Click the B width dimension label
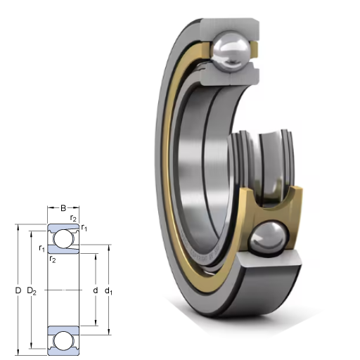click(x=63, y=208)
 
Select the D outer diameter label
click(x=18, y=290)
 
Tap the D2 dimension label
click(x=32, y=291)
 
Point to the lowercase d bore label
click(x=96, y=290)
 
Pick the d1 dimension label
click(x=108, y=291)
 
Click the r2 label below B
click(x=73, y=219)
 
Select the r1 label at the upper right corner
click(x=84, y=228)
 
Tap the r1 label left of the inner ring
click(x=41, y=248)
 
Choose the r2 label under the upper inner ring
click(x=53, y=259)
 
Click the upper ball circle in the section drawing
click(x=63, y=238)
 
